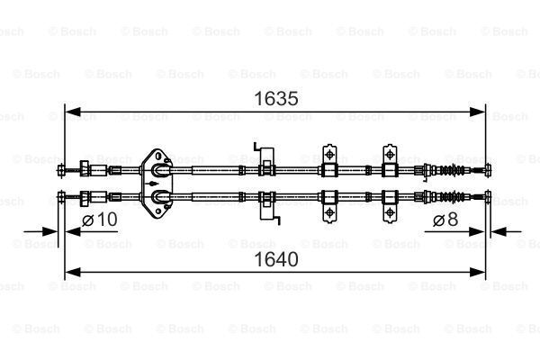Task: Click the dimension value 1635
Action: pos(276,99)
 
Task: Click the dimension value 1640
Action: pos(276,259)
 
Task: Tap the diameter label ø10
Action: pos(100,220)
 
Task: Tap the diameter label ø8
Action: pos(445,220)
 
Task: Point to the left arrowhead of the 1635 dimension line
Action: pos(73,112)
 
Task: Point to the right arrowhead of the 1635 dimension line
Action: pos(477,112)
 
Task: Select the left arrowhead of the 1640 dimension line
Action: pos(73,272)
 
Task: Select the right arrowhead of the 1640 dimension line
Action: pos(477,272)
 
